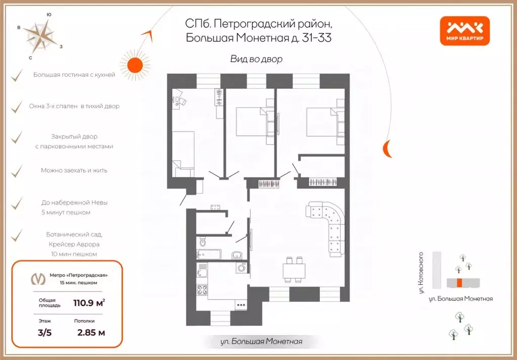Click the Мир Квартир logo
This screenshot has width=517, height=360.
pyautogui.click(x=464, y=31)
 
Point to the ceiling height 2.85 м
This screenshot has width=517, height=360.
pyautogui.click(x=91, y=332)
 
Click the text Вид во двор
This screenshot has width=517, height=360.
pyautogui.click(x=256, y=59)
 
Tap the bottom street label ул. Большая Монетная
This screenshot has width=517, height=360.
pyautogui.click(x=261, y=342)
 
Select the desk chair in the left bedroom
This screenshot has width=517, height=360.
pyautogui.click(x=182, y=101)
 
